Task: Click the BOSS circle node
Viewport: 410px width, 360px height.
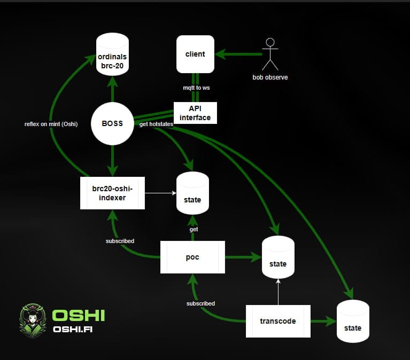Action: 112,123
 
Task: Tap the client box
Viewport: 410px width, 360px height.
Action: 195,54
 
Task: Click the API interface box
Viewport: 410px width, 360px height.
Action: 195,113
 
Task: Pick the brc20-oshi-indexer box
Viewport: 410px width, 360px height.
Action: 112,193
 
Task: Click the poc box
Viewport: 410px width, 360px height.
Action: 192,257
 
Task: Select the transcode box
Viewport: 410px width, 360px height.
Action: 278,321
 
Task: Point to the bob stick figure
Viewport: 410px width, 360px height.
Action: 270,54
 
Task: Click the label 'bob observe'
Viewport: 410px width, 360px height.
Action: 270,77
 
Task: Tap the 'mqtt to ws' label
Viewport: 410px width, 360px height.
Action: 195,87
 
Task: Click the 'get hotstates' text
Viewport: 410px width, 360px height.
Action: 156,124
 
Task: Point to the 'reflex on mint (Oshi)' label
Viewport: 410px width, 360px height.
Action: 51,124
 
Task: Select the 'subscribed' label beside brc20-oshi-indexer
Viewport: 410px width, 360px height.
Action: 120,241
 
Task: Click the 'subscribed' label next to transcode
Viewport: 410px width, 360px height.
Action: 200,303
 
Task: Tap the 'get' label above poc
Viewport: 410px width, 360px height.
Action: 194,229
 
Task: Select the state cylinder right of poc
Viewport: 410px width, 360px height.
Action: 278,259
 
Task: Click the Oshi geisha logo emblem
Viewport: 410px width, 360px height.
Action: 34,322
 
